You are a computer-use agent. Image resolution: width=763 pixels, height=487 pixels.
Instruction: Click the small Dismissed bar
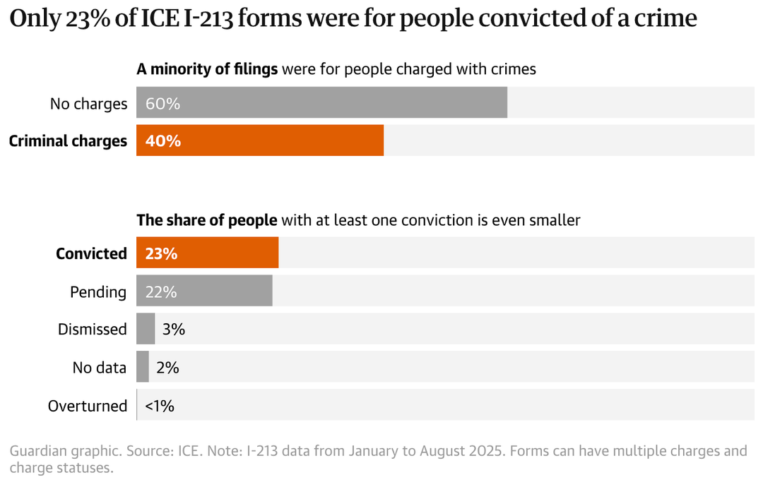(x=146, y=329)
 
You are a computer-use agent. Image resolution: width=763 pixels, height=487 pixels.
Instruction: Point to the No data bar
(x=143, y=367)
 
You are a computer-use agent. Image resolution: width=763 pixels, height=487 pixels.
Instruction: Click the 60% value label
(x=163, y=104)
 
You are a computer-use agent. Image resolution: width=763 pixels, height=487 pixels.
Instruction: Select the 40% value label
(x=163, y=141)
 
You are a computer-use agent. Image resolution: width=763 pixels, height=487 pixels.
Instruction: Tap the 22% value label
(x=161, y=291)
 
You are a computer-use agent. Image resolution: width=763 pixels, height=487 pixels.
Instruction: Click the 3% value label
(x=173, y=330)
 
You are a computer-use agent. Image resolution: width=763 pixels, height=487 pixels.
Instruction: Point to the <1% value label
(x=160, y=406)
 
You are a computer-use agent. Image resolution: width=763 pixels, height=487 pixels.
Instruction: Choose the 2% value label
(x=167, y=368)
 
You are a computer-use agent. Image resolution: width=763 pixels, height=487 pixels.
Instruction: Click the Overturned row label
(x=88, y=406)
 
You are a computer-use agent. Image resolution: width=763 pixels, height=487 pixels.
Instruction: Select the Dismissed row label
(x=93, y=330)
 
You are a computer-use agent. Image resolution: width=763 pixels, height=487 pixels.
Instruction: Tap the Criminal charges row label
(x=68, y=141)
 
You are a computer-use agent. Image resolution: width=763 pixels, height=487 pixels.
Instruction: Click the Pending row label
(x=98, y=291)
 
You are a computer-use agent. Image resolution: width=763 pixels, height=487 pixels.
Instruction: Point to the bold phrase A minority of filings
(x=208, y=69)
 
